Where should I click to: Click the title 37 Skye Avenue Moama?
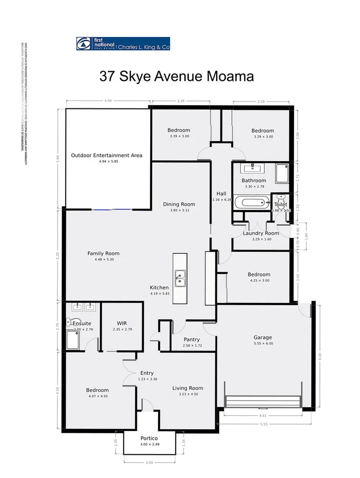coord(177,76)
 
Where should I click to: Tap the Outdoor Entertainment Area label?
coord(107,155)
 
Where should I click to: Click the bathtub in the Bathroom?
coord(253,202)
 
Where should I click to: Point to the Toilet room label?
coord(280,204)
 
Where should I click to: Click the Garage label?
coord(262,337)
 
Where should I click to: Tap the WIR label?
coord(122,323)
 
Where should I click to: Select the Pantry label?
coord(191,339)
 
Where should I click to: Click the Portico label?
coord(150,438)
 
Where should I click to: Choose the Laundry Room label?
coord(261,233)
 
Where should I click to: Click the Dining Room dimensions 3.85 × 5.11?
coord(179,210)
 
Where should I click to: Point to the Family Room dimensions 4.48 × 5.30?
coord(104,260)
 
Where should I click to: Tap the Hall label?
coord(221,193)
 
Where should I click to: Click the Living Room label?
coord(188,388)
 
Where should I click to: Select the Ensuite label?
coord(82,323)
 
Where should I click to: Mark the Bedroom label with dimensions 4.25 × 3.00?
coord(259,274)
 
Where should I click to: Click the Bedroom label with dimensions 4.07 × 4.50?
coord(97,390)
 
